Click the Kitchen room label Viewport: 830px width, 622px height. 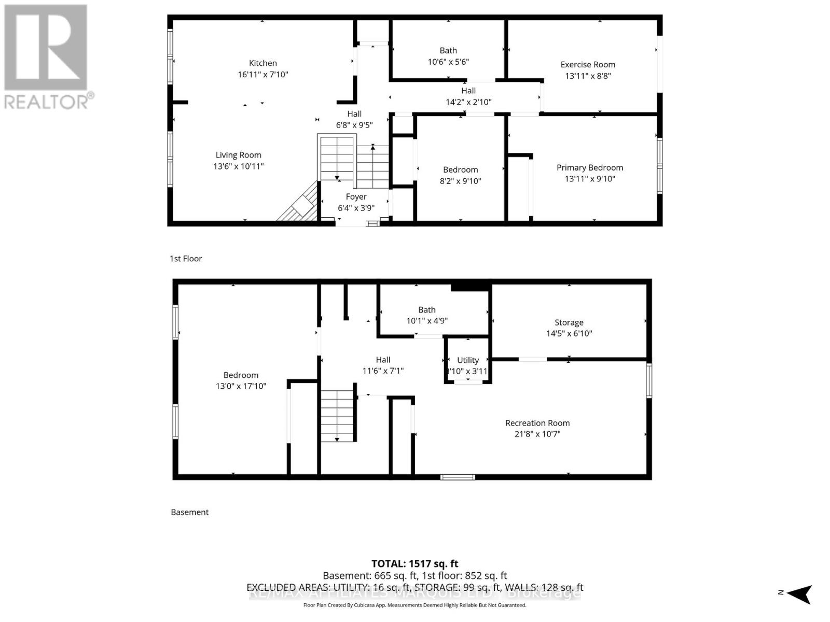pos(263,63)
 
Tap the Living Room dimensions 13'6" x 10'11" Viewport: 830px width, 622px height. pos(239,166)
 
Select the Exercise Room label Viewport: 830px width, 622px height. pos(588,65)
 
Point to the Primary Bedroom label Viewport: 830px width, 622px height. pos(590,167)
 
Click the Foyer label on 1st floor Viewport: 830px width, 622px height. pos(356,197)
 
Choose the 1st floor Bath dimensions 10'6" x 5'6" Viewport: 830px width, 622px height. pos(448,62)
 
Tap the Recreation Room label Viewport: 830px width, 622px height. pos(537,423)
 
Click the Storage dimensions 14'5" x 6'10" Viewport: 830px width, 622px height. pos(569,334)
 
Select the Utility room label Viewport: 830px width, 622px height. pos(468,360)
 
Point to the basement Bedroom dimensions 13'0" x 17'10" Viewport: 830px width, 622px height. pos(241,386)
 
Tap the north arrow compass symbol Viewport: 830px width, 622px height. pos(800,593)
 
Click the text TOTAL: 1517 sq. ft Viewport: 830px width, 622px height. pos(415,563)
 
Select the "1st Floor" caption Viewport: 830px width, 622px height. pos(186,259)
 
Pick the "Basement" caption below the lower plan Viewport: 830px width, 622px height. pos(190,512)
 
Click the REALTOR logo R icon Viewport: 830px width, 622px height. pos(46,48)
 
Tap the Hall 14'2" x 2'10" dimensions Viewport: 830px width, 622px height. pos(468,102)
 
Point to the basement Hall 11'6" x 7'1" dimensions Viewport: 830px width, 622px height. pos(383,371)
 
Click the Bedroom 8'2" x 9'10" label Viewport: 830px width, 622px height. pos(461,170)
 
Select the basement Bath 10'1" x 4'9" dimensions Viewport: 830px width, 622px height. pos(427,321)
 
